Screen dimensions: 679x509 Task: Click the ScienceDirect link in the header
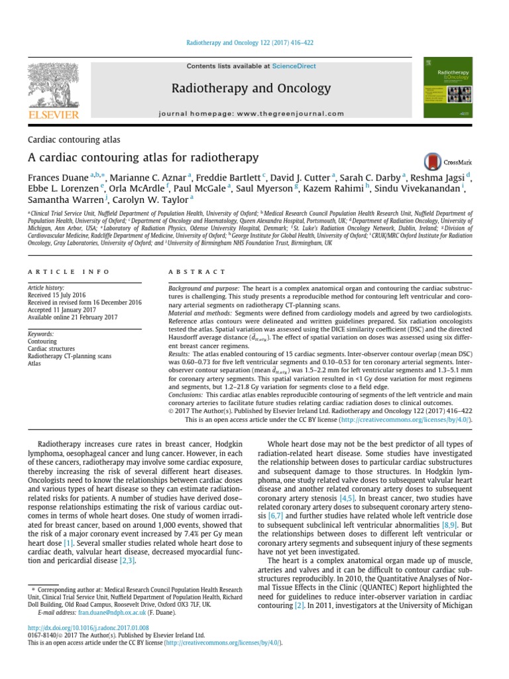pos(293,66)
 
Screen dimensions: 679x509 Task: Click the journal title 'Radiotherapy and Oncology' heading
pos(251,88)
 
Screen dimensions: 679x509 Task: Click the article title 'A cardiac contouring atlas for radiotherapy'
pos(143,158)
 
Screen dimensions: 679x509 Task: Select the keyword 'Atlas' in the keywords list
pos(34,363)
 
